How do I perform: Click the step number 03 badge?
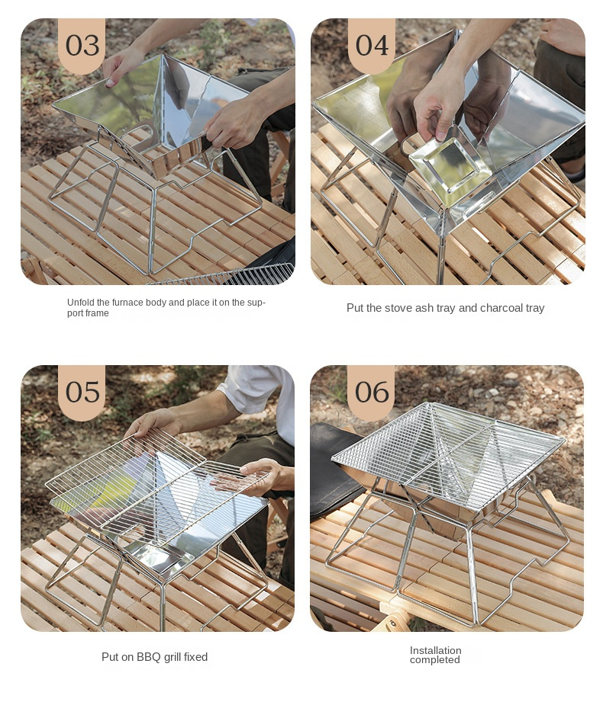click(x=82, y=45)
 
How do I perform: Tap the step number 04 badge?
click(x=372, y=45)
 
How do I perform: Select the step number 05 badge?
click(x=82, y=392)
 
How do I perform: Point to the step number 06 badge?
click(x=372, y=392)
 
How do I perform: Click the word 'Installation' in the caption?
click(x=436, y=650)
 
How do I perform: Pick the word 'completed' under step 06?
click(x=435, y=660)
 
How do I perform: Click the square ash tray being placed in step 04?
click(x=445, y=163)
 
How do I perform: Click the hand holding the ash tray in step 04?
click(x=438, y=107)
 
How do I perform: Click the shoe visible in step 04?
click(x=575, y=174)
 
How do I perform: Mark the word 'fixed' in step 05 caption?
click(x=196, y=657)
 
